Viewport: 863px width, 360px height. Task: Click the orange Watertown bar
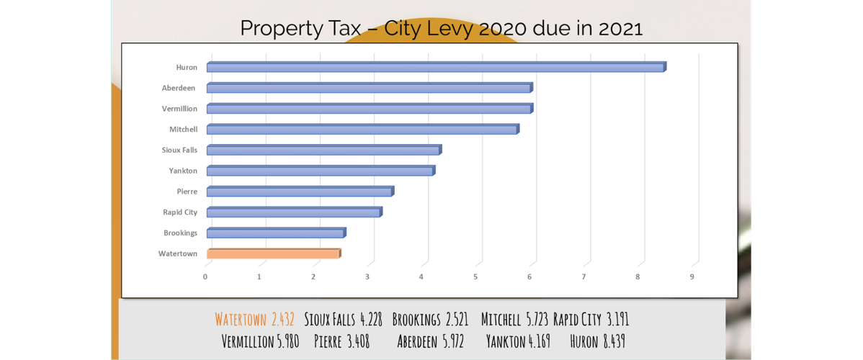pyautogui.click(x=273, y=253)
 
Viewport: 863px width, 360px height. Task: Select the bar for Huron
pyautogui.click(x=436, y=67)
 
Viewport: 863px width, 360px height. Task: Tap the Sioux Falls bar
pyautogui.click(x=323, y=150)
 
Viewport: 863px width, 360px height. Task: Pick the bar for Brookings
pyautogui.click(x=276, y=233)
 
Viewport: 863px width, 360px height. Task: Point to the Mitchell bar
pyautogui.click(x=362, y=130)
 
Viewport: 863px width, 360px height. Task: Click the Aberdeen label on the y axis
pyautogui.click(x=179, y=88)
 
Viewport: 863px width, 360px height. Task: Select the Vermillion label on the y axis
pyautogui.click(x=179, y=109)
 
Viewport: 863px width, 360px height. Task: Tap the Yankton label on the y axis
pyautogui.click(x=183, y=171)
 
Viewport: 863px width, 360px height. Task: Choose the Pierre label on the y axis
pyautogui.click(x=187, y=192)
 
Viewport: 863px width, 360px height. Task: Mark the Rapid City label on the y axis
pyautogui.click(x=180, y=212)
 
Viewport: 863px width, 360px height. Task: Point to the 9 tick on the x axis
pyautogui.click(x=692, y=276)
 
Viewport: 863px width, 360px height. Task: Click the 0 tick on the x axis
pyautogui.click(x=205, y=276)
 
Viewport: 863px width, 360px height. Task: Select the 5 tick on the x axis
pyautogui.click(x=475, y=276)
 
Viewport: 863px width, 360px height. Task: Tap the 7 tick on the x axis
pyautogui.click(x=583, y=276)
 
